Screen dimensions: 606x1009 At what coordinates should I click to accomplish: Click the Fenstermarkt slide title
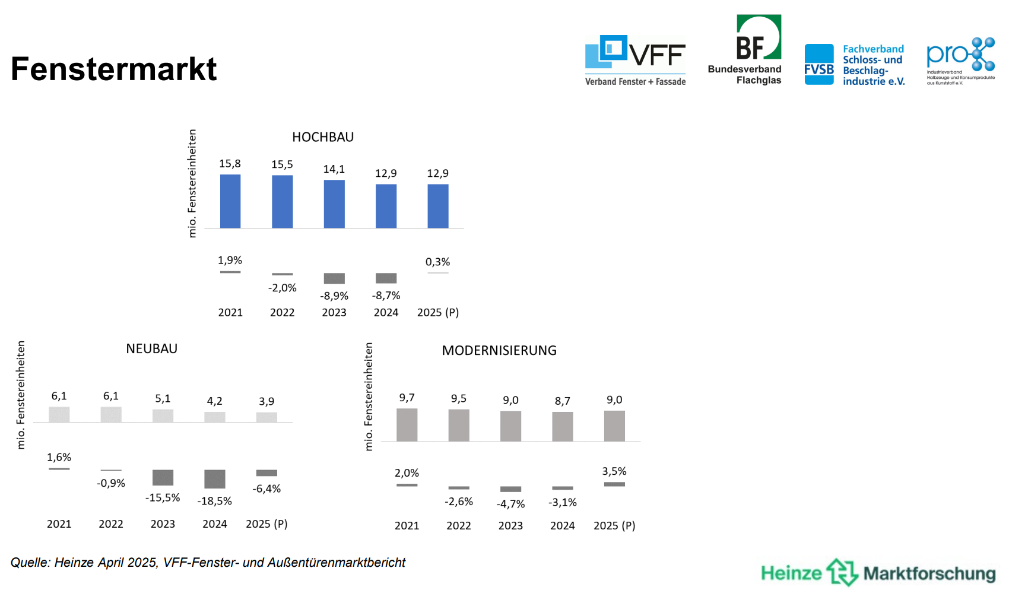(x=113, y=69)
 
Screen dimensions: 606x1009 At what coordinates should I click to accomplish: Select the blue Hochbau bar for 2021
(x=230, y=201)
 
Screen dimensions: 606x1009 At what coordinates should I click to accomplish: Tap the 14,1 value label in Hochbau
(x=334, y=169)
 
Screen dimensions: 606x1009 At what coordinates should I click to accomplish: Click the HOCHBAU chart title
(x=323, y=137)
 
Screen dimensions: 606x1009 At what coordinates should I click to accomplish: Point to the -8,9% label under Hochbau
(x=334, y=296)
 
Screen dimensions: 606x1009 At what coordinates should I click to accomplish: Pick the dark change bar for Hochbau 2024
(x=386, y=278)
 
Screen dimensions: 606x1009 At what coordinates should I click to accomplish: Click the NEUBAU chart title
(x=151, y=349)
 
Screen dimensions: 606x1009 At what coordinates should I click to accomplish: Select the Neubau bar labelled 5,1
(x=163, y=415)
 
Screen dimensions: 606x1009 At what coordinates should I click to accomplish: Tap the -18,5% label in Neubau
(x=214, y=501)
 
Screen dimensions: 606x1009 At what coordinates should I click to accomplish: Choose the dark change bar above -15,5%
(x=163, y=478)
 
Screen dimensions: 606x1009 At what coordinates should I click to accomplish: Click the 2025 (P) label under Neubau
(x=266, y=524)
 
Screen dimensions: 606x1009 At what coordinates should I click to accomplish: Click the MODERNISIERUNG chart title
(x=499, y=351)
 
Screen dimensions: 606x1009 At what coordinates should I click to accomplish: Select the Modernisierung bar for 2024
(x=562, y=426)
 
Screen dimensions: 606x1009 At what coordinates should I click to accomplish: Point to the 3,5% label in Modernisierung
(x=614, y=471)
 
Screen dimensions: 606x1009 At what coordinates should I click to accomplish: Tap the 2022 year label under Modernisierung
(x=459, y=526)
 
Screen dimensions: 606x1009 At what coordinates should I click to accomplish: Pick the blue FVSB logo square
(x=819, y=65)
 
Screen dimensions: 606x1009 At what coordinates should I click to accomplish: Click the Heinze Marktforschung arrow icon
(x=842, y=572)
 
